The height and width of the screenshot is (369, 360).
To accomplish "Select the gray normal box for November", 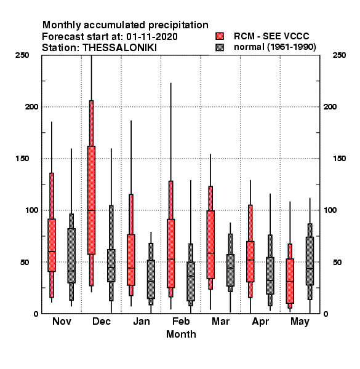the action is point(71,256).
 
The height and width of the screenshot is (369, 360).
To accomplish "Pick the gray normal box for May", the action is point(310,261).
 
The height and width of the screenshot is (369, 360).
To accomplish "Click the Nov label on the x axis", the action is point(62,321).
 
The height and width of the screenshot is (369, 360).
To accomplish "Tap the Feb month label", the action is point(181,321).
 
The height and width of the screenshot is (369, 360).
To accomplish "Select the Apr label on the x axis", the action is point(260,322).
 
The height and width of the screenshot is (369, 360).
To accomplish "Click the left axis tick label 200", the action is point(31,106).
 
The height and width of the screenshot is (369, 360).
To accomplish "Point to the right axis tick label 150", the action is point(339,159).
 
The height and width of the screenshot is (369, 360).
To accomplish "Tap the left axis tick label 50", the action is point(25,262).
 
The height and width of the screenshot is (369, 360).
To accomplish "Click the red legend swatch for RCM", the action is point(220,36).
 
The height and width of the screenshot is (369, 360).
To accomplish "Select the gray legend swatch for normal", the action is point(220,47).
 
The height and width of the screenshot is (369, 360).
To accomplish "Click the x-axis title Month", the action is point(181,334).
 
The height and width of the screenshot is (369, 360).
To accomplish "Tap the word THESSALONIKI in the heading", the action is point(119,48).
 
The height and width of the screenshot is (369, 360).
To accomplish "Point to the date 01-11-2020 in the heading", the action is point(152,37).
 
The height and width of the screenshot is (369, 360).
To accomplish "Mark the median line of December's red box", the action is point(91,210).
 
